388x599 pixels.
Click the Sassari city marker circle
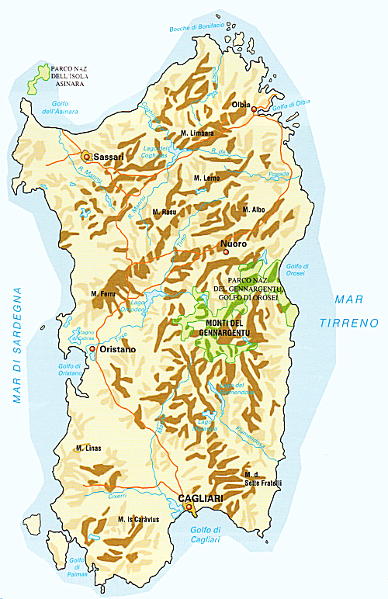(x=86, y=155)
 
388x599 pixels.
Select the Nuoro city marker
(x=226, y=251)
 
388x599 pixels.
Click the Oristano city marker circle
(x=92, y=349)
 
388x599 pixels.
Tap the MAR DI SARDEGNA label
(x=17, y=345)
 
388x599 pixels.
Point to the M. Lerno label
(x=206, y=178)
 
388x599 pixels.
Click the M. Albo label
(x=255, y=209)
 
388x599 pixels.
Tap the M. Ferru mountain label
(x=103, y=294)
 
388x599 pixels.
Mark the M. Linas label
(x=90, y=448)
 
